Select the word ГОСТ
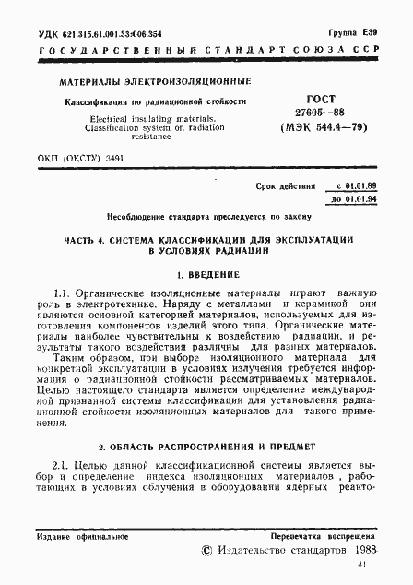[x=328, y=97]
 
